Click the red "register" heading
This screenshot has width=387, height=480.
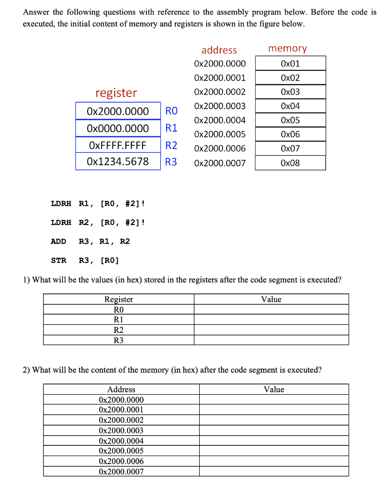116,93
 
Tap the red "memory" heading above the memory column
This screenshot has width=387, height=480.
287,48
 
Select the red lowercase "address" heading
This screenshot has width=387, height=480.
219,50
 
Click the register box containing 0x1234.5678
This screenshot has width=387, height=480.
118,162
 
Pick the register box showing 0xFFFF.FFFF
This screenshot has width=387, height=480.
118,145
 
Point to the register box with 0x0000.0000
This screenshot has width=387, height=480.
118,128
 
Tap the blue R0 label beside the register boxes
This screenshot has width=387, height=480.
171,111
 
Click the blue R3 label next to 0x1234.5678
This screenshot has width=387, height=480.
171,162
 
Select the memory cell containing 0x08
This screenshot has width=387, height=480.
290,163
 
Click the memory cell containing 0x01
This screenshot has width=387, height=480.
290,63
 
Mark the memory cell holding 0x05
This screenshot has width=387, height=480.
290,120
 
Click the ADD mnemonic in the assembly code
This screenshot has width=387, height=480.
59,241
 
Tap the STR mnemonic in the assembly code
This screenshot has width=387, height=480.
59,260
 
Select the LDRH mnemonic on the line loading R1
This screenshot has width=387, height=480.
61,203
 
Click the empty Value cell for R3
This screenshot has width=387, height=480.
271,340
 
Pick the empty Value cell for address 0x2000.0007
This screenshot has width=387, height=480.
274,472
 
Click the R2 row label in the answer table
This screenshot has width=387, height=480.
119,330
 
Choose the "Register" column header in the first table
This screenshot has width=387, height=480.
119,299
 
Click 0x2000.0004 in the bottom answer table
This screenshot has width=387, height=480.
121,441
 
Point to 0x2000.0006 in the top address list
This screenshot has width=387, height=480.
219,149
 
